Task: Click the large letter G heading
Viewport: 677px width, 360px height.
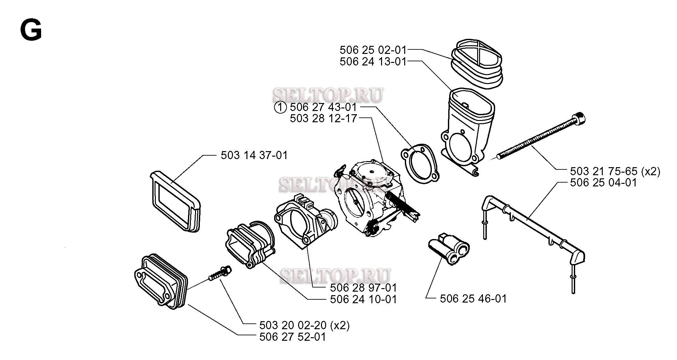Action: (31, 30)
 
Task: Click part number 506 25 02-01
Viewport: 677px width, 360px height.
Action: (373, 50)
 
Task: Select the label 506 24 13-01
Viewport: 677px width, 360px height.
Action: (373, 61)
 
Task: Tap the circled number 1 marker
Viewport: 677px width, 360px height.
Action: (280, 107)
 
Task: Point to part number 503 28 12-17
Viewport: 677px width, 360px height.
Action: (324, 118)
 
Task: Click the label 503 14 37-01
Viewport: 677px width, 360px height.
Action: (254, 155)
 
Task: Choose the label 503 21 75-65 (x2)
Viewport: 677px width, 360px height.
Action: (615, 171)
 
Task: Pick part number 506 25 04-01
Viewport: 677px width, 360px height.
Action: (603, 183)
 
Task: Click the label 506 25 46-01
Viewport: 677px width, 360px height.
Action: (473, 299)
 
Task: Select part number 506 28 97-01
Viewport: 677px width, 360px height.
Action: (364, 287)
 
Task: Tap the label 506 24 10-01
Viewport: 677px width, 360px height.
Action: (364, 299)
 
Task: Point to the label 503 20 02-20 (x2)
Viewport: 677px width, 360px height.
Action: (304, 325)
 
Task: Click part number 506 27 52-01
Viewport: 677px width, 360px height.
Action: (292, 337)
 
